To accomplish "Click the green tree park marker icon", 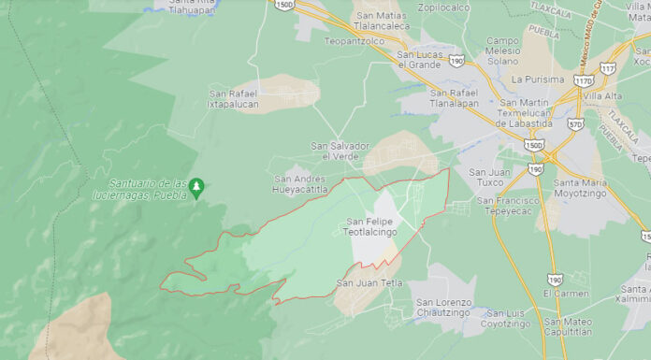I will point(196,188).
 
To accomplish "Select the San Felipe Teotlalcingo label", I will point(371,227).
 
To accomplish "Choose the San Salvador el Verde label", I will point(340,151).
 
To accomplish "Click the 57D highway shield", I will point(575,123).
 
